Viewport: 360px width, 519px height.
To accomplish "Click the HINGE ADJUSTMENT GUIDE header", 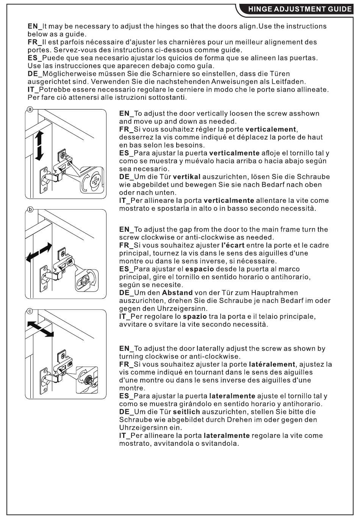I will coord(299,9).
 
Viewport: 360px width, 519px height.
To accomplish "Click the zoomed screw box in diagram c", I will coord(87,379).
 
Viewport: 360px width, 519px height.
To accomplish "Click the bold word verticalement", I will coord(271,130).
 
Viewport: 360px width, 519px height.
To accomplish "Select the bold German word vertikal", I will coord(186,177).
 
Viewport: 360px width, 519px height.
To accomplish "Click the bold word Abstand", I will coord(177,293).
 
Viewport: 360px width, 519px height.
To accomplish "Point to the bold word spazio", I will coord(195,317).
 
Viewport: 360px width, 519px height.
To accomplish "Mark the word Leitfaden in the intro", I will coord(288,82).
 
